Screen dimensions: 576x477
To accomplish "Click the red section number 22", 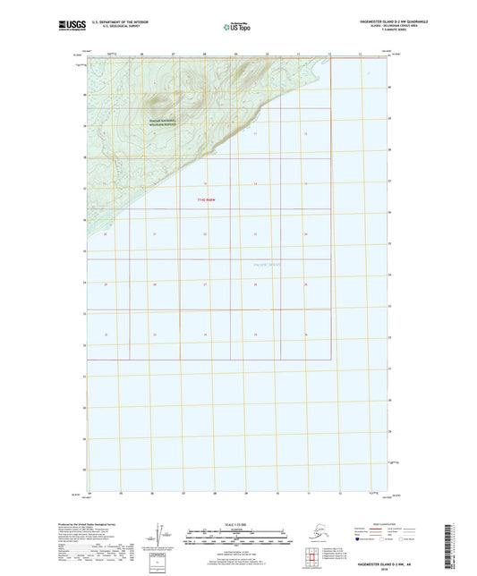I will click(205, 234).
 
